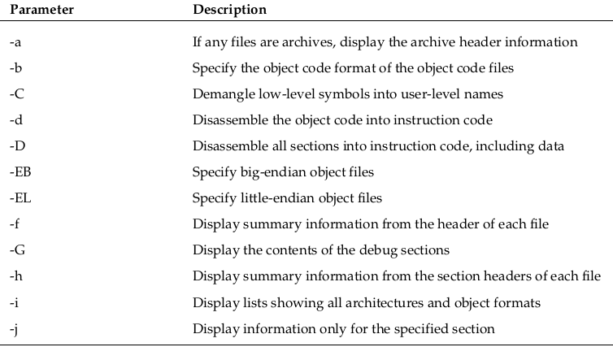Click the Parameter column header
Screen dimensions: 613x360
click(x=41, y=10)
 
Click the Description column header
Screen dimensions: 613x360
click(x=229, y=10)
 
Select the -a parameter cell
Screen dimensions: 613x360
click(x=15, y=41)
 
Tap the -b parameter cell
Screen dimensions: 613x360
click(x=15, y=67)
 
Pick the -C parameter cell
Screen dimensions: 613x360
click(x=17, y=93)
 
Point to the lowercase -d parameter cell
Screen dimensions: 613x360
click(x=16, y=119)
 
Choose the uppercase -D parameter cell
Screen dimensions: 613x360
click(x=17, y=145)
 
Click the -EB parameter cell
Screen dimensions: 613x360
click(x=20, y=171)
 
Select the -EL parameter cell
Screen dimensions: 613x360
click(x=20, y=197)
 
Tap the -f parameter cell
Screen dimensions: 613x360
click(x=15, y=223)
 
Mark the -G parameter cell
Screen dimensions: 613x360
click(x=17, y=249)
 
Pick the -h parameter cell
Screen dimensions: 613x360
click(x=16, y=276)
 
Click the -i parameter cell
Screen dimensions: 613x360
click(x=14, y=302)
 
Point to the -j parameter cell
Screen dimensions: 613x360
click(x=14, y=329)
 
